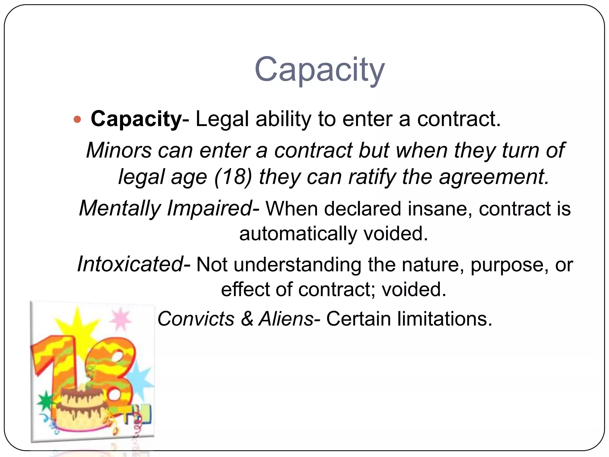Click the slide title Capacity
coord(320,70)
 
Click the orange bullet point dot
coord(77,120)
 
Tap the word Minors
coord(119,150)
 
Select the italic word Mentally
coord(120,208)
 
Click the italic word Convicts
coord(196,319)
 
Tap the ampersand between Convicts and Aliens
coord(247,319)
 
